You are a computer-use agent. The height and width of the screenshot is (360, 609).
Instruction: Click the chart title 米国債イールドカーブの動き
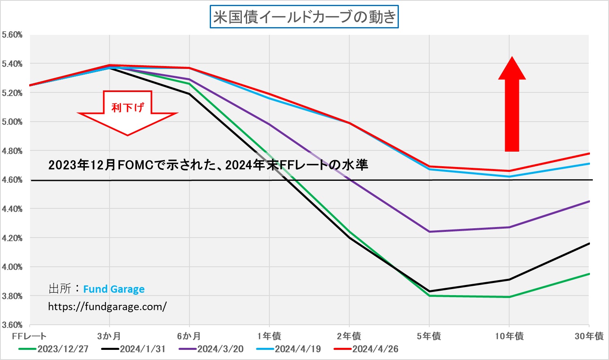tap(304, 17)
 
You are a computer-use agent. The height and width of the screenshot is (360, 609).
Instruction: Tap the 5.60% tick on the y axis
tap(12, 35)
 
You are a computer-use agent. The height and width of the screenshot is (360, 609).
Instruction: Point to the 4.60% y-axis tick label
tap(12, 180)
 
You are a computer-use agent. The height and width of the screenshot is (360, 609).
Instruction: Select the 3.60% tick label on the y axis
tap(12, 325)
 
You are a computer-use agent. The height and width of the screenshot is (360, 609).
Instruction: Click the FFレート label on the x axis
tap(29, 336)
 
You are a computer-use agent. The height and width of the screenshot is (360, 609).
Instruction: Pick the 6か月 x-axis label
tap(189, 336)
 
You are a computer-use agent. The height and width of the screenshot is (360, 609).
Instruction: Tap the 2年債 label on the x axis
tap(349, 336)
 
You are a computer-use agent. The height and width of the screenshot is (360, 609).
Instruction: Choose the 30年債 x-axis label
tap(589, 336)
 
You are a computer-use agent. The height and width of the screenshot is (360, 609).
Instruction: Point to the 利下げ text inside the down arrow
tap(127, 107)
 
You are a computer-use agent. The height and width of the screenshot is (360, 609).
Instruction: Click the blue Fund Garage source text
tap(114, 289)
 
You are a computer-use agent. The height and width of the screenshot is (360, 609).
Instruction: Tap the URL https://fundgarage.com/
tap(107, 306)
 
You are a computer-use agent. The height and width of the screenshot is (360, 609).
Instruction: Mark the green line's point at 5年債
tap(429, 296)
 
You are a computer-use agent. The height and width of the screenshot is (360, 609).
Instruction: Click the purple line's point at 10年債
tap(509, 227)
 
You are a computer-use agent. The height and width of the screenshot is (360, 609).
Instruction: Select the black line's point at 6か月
tap(189, 94)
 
